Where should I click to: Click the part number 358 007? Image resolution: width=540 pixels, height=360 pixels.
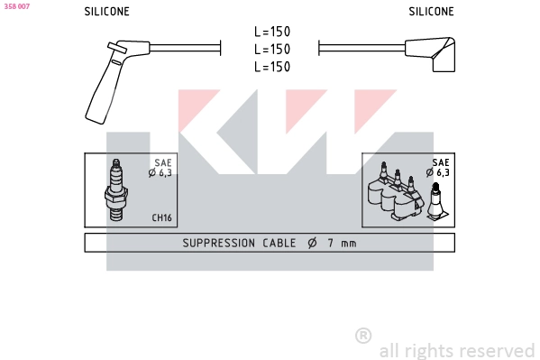point(17,6)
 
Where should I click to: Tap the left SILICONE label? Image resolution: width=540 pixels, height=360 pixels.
point(106,12)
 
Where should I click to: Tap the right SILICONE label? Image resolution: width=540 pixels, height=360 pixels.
point(431,12)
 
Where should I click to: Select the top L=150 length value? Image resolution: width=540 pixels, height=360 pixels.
point(272,32)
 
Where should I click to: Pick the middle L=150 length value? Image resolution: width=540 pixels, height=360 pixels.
point(272,50)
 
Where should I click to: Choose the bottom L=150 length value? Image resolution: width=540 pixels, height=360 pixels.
point(272,67)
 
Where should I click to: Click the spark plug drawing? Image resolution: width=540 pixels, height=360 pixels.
point(116,190)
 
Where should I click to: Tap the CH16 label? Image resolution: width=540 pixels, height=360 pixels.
point(161,217)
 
